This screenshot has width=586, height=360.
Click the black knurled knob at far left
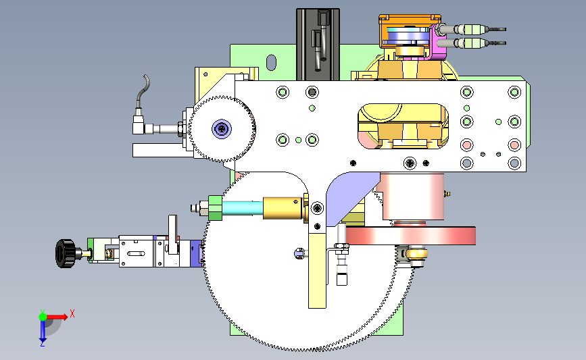65,253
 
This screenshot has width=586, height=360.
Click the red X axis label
72,313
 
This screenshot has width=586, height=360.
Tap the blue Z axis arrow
43,331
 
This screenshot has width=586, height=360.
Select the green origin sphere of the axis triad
43,317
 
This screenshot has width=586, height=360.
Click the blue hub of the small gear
222,129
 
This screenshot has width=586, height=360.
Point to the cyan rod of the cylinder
242,207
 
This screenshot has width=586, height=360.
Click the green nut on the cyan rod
215,207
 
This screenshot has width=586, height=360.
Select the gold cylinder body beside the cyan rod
283,208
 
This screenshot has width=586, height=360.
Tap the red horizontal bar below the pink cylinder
410,236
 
